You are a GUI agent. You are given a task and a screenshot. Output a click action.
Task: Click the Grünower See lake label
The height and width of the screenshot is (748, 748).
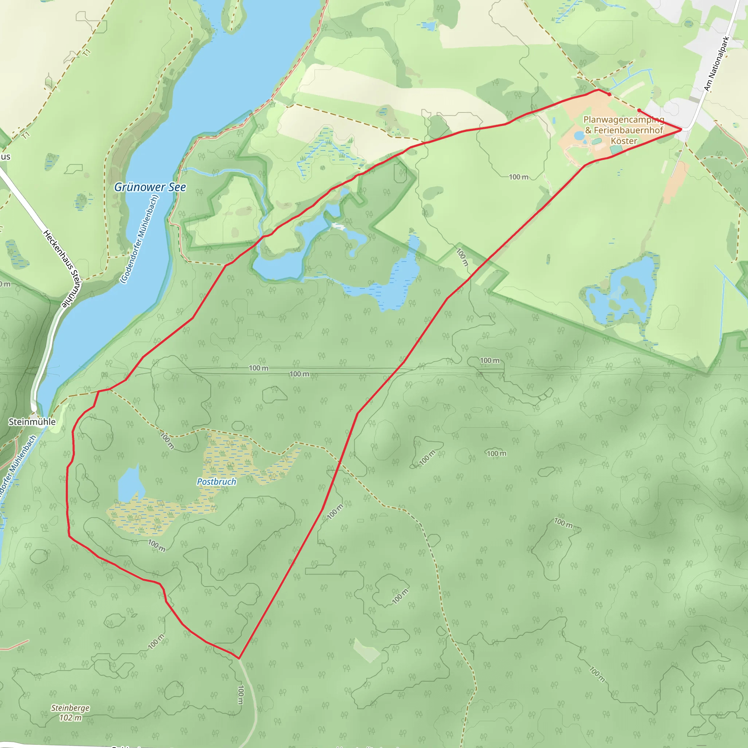point(150,187)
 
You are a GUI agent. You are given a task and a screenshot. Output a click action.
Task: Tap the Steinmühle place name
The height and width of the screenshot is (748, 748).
point(32,421)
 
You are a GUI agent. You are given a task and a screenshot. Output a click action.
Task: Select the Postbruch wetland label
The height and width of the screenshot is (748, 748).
point(217,482)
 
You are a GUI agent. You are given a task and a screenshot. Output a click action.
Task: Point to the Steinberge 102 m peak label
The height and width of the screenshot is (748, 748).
point(70,712)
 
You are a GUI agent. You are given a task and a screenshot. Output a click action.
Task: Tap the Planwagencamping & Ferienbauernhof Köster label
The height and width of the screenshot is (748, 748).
point(624,130)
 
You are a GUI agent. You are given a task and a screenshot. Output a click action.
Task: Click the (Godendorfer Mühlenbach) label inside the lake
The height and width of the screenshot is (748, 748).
point(140,239)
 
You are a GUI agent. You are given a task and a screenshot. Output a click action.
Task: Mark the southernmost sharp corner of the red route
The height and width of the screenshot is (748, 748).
point(239,658)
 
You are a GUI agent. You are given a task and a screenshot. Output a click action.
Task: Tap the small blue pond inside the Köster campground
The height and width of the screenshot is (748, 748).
point(579,136)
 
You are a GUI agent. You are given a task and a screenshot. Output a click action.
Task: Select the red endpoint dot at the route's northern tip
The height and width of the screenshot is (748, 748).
point(610,94)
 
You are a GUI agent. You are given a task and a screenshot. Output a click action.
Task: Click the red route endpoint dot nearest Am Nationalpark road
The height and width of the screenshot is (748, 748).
point(639,110)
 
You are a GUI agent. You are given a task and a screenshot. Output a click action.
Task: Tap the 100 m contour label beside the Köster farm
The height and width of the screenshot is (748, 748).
point(518,177)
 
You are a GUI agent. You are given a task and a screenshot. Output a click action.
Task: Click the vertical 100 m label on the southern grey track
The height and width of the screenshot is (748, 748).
point(240,695)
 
